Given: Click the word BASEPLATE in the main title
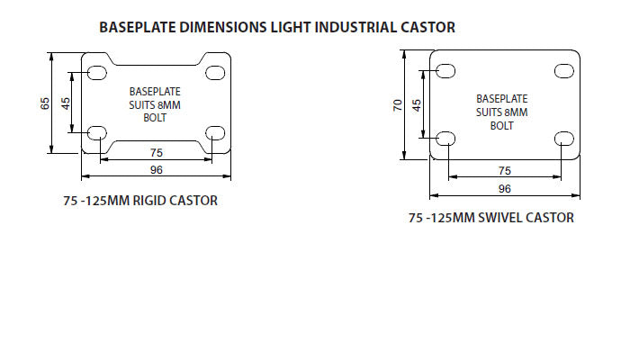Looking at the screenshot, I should coord(137,27).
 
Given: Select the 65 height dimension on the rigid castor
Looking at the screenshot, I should coord(45,103).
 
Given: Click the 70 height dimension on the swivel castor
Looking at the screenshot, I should coord(397,106).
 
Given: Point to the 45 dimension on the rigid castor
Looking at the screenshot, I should coord(65,103).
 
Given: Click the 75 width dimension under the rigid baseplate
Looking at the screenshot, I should coord(156,153).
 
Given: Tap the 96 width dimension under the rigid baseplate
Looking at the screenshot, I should coord(156,168).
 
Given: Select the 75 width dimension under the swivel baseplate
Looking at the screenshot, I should coord(505,170).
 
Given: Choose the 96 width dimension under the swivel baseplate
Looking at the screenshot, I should coord(505,188).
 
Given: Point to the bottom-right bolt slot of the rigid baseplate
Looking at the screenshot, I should coord(215,133).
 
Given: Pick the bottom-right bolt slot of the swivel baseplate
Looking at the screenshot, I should coord(564,138).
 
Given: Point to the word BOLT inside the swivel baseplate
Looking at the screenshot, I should coord(501,125).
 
